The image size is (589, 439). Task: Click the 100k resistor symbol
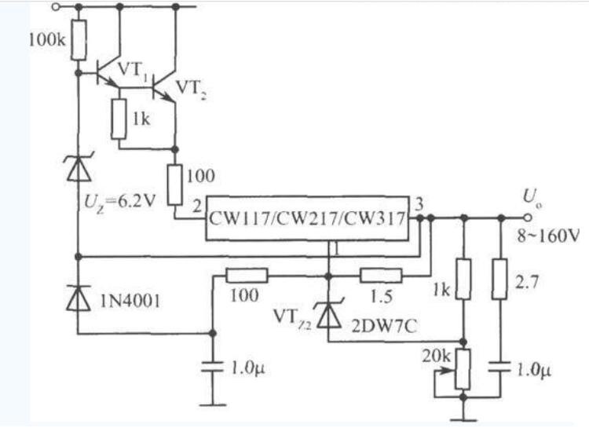click(79, 40)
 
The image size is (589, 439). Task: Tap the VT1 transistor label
click(132, 72)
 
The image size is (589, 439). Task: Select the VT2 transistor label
click(191, 90)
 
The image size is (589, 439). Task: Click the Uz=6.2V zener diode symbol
click(79, 168)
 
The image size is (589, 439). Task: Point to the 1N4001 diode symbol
click(79, 298)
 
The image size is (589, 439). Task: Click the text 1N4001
click(130, 301)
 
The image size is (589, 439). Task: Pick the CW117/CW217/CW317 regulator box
click(307, 218)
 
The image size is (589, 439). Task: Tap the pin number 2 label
click(197, 207)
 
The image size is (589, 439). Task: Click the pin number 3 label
click(419, 204)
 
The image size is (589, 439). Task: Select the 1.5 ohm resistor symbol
click(381, 276)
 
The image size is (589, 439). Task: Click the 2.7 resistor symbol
click(500, 279)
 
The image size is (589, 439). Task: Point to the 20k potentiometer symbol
click(463, 370)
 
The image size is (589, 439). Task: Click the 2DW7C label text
click(384, 327)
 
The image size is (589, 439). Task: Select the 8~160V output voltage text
click(548, 236)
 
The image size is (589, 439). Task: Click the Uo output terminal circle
click(528, 218)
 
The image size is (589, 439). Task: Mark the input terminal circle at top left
click(56, 7)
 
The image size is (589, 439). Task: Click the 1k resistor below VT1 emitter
click(119, 119)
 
